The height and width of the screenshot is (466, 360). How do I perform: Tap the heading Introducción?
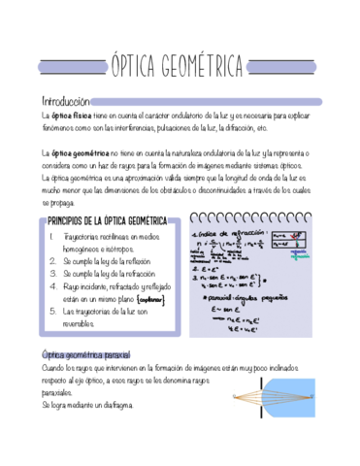point(65,100)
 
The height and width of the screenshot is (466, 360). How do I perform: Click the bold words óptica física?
point(73,115)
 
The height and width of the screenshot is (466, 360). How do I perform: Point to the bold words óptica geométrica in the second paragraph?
point(79,152)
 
